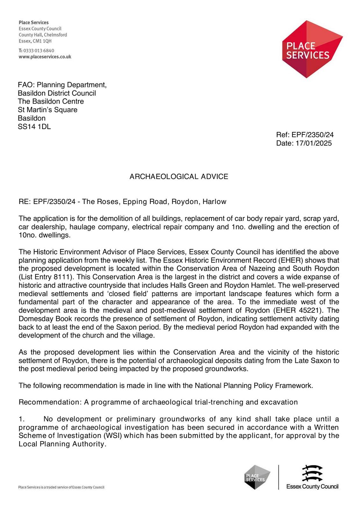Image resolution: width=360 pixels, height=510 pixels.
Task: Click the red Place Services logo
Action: tap(312, 49)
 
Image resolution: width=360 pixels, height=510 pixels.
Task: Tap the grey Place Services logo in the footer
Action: tap(257, 477)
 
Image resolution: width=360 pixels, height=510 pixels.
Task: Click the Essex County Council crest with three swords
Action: tap(312, 473)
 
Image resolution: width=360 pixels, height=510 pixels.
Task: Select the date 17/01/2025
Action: tap(313, 143)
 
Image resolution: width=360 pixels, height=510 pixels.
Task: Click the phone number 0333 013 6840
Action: tap(39, 50)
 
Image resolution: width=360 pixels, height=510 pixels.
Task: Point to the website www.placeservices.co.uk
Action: tap(45, 57)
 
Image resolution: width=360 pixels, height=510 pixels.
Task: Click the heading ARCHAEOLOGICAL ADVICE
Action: tap(179, 177)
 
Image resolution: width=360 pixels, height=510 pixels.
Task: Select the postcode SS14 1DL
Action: tap(34, 127)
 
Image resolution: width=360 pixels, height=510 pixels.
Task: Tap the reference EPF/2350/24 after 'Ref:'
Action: tap(313, 135)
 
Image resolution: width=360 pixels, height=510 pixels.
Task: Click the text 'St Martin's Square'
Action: tap(47, 110)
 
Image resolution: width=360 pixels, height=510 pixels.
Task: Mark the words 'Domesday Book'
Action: tap(41, 318)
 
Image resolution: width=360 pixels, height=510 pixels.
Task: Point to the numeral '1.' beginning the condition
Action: tap(22, 419)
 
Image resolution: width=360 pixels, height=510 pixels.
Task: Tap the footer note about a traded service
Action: tap(61, 487)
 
